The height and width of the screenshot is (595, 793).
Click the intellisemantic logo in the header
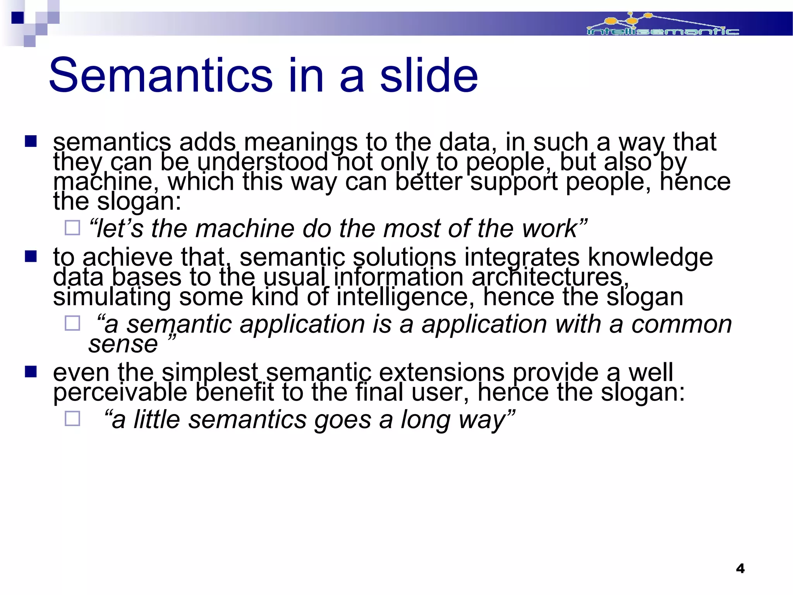[x=663, y=26]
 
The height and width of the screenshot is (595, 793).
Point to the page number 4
[x=740, y=568]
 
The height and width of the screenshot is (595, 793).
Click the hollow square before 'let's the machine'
[x=72, y=228]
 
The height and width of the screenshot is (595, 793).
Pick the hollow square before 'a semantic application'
[x=72, y=323]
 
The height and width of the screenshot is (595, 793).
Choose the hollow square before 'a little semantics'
[x=72, y=419]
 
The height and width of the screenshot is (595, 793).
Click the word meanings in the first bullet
[x=300, y=143]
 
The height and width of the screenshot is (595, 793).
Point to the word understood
[x=263, y=162]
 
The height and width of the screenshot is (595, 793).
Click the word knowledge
[x=650, y=258]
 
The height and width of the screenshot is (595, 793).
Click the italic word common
[x=681, y=324]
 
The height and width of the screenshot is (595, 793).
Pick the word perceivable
[x=120, y=392]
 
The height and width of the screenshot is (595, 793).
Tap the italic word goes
[x=342, y=420]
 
